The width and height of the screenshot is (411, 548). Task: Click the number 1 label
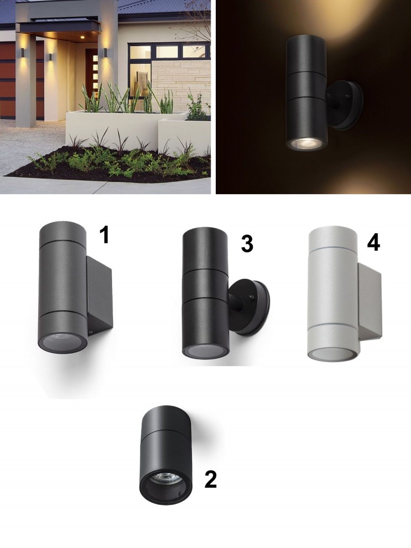point(104,234)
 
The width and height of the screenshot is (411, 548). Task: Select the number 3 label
point(247,243)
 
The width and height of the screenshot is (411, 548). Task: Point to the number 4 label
point(373,242)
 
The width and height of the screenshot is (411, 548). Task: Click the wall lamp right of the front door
point(104,52)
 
